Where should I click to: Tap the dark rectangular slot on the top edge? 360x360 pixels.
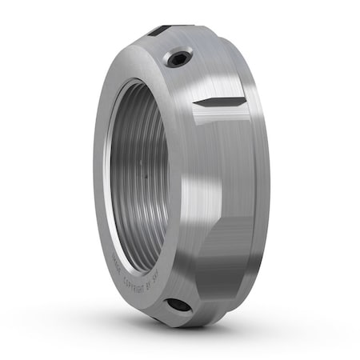tap(158, 30)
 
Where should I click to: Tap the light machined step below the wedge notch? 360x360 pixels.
tap(220, 128)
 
